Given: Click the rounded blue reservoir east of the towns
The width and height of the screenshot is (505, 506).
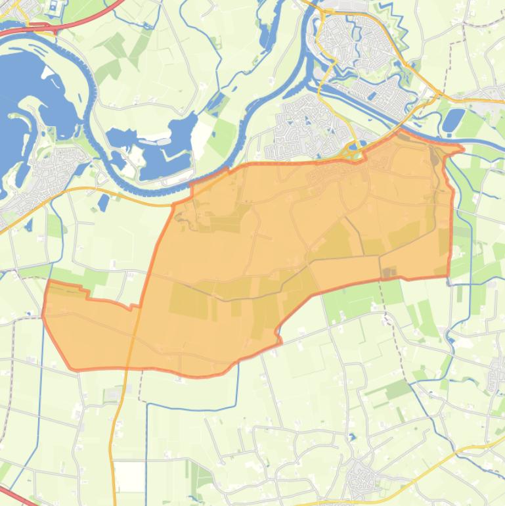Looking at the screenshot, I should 454,120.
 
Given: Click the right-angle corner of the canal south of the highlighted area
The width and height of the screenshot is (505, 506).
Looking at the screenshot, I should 147,405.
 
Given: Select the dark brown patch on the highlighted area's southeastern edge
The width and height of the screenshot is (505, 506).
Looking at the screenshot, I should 389,272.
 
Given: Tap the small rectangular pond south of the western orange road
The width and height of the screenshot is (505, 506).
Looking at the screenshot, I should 103,202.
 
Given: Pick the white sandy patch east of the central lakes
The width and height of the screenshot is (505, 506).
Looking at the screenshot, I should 164,140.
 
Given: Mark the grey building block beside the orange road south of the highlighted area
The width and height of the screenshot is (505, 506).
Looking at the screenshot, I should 113,394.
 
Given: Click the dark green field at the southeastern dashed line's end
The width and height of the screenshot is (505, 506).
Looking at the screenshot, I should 399,389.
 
